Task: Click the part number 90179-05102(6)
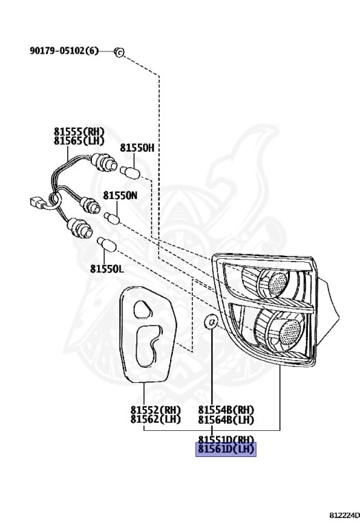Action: pos(64,51)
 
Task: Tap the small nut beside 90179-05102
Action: pos(119,52)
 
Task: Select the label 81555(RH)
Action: pos(79,132)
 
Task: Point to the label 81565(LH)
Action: pos(79,141)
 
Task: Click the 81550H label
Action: pos(137,148)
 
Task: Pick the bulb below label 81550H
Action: pos(130,172)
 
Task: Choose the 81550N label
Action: pos(120,196)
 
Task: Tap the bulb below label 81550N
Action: pos(112,218)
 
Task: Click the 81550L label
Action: pos(106,269)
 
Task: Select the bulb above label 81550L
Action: pos(106,244)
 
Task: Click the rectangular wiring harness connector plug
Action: pos(38,202)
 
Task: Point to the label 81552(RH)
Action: pos(156,410)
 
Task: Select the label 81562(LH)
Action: pos(156,419)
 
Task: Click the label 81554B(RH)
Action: pos(226,410)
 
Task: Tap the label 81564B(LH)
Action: pos(226,419)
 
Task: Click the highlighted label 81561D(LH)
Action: pos(226,449)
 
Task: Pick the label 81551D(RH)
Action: pos(226,439)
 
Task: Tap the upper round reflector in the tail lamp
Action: pos(278,281)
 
